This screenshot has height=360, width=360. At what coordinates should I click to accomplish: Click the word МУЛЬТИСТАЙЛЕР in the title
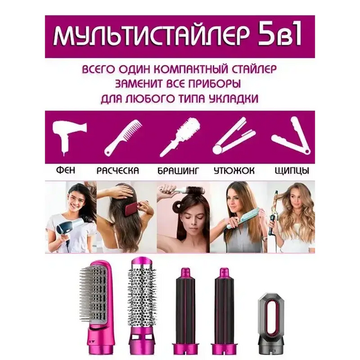pos(151,36)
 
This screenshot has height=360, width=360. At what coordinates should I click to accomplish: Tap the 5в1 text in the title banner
pos(280,35)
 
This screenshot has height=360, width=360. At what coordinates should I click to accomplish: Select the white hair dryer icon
pos(68,137)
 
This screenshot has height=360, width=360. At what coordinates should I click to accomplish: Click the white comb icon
pos(123,138)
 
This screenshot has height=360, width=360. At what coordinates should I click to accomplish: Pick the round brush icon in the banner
pos(180,137)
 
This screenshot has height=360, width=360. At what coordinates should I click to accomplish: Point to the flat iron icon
pos(234,136)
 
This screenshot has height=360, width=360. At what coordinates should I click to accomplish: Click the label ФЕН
pos(66,171)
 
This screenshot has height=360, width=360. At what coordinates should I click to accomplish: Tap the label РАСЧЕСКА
pos(117,171)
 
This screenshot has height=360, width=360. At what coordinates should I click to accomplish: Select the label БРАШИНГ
pos(177,171)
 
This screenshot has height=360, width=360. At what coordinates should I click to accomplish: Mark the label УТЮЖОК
pos(234,171)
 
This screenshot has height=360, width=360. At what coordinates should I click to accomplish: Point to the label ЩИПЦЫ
pos(292,171)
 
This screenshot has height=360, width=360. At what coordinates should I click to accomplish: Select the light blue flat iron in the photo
pos(243,218)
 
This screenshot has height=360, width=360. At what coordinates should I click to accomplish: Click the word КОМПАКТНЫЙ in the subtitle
pos(192,69)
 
